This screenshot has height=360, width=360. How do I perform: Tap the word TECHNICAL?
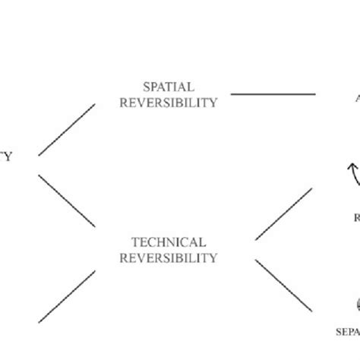pos(168,242)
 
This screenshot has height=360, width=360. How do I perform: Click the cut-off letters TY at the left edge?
pos(6,157)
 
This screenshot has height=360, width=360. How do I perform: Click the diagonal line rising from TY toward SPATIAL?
pos(67,130)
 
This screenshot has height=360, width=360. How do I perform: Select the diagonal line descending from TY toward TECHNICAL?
pos(67,200)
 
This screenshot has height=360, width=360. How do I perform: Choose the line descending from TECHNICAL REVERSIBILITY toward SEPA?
pos(283,286)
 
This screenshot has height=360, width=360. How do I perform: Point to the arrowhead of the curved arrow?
pos(350,162)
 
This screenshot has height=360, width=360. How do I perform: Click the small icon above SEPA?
pos(355,304)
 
